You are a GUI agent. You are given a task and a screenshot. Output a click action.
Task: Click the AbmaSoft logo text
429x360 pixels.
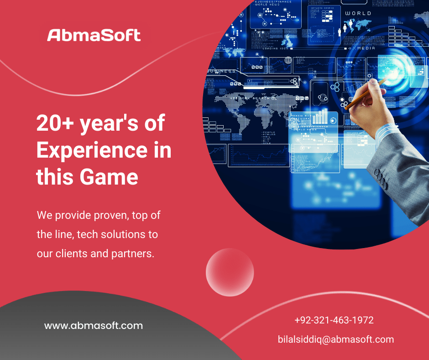point(94,35)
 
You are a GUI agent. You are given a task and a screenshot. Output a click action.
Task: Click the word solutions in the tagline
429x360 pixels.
point(118,234)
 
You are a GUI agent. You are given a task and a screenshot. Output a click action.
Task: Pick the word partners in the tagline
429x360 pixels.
point(133,254)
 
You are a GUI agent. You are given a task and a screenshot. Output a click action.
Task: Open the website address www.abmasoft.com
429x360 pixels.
point(94,326)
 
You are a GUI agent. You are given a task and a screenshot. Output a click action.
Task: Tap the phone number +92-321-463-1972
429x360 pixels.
point(334,320)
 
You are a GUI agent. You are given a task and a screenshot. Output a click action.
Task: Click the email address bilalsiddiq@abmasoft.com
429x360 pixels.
point(336,339)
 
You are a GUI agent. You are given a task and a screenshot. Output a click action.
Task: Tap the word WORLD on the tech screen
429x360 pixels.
point(358,14)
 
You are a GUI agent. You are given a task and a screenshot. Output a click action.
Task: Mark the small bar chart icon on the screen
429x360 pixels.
point(320,116)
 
